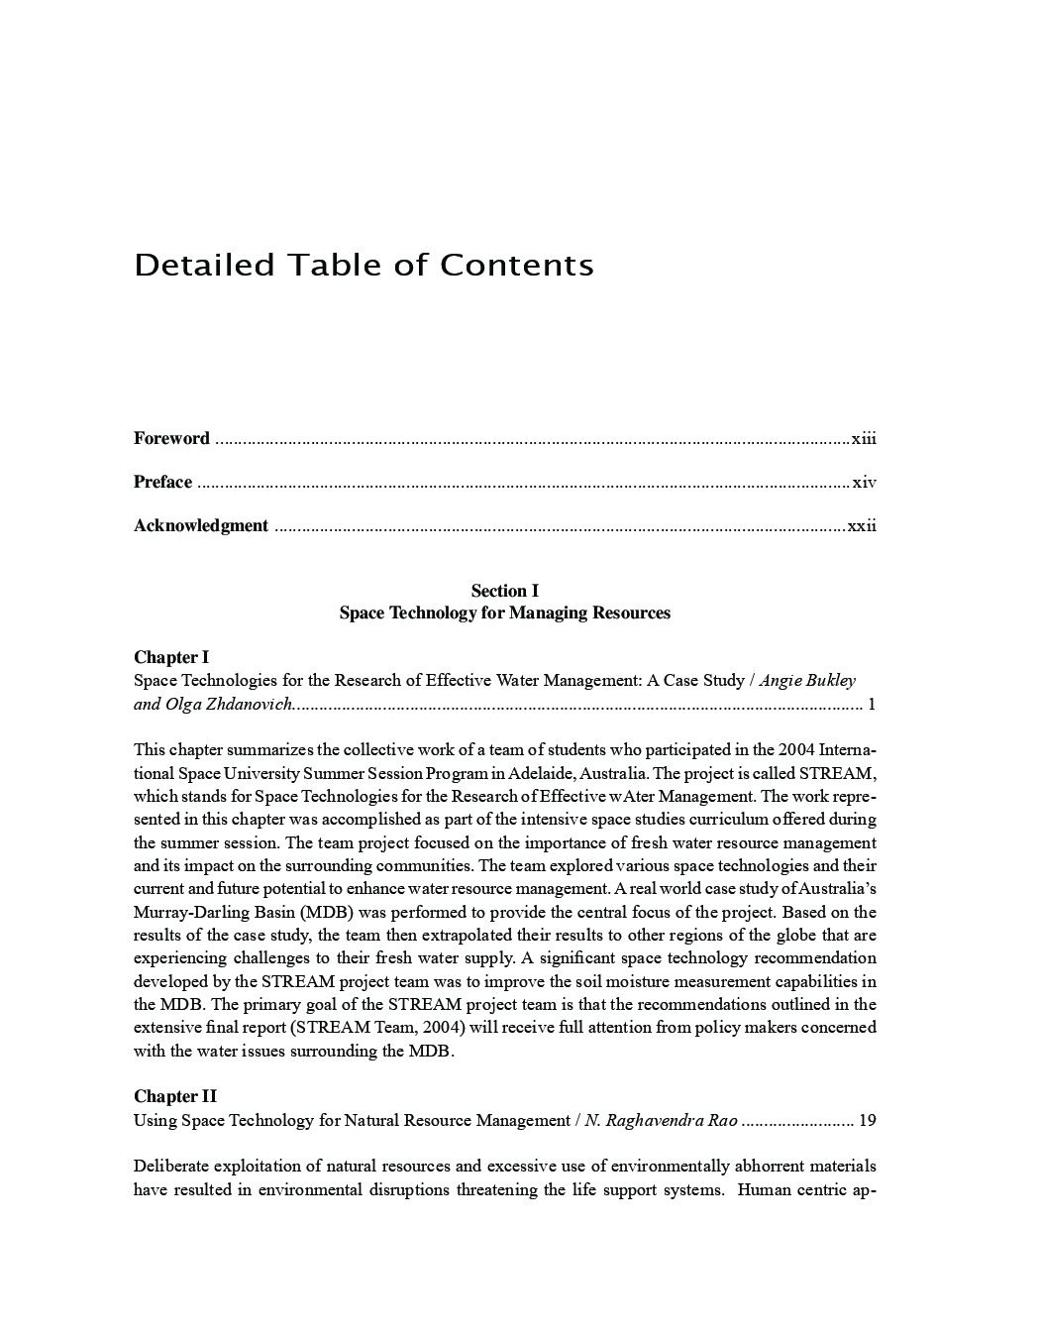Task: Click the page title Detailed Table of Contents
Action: [364, 266]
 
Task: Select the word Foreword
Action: [171, 438]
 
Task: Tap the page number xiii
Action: [864, 438]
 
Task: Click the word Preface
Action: [162, 483]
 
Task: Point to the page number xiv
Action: [865, 483]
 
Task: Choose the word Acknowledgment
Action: [201, 525]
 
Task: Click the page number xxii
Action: [862, 525]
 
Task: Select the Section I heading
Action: [504, 591]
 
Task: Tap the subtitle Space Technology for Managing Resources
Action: [504, 613]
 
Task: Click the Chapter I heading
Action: [171, 657]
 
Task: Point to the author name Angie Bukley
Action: [807, 680]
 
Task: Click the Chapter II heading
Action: [175, 1096]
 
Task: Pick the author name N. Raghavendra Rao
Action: [661, 1120]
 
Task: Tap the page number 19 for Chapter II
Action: [867, 1120]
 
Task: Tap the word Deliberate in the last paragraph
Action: [169, 1166]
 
